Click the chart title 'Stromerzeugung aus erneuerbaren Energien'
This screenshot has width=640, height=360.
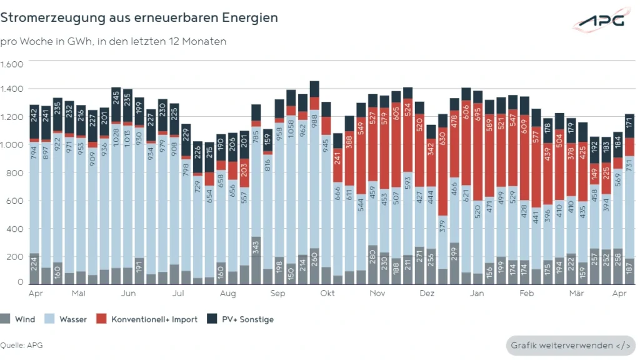[x=139, y=17]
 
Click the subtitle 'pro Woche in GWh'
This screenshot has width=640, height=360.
[x=113, y=42]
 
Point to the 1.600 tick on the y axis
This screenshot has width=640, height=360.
[x=12, y=64]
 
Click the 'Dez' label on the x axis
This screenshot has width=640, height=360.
[x=427, y=292]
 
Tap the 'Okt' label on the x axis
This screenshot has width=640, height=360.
[x=327, y=292]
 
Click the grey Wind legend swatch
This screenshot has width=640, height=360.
[x=6, y=319]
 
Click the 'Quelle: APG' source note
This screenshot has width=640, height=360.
[x=21, y=345]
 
